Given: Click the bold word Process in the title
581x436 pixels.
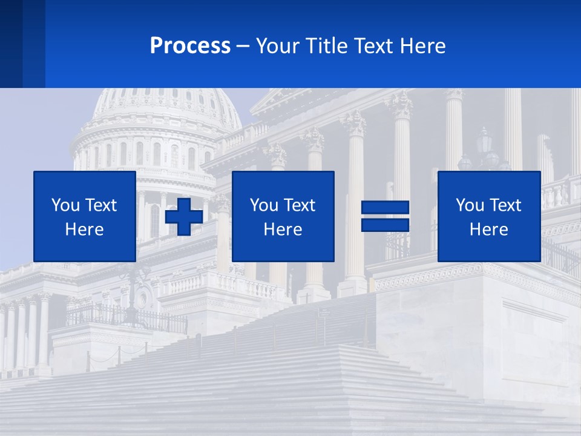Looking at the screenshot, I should coord(190,46).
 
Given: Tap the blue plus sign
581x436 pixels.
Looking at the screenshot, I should coord(184,216).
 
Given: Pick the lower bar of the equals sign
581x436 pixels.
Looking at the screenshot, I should coord(385,225).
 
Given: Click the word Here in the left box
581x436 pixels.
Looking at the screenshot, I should coord(84,230).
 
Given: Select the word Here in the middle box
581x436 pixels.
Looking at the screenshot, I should coord(283,230).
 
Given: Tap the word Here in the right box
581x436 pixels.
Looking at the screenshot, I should coord(488,230).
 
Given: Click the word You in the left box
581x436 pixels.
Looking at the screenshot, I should coord(65,205).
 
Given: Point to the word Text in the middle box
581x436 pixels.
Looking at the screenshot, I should coord(299,205).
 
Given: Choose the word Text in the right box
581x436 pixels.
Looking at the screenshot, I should coord(505,205).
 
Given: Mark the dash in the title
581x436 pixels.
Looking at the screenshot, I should coord(243,46).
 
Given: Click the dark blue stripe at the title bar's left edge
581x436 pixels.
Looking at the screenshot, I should coord(11,44).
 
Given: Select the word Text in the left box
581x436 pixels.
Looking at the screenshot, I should coord(100,205).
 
